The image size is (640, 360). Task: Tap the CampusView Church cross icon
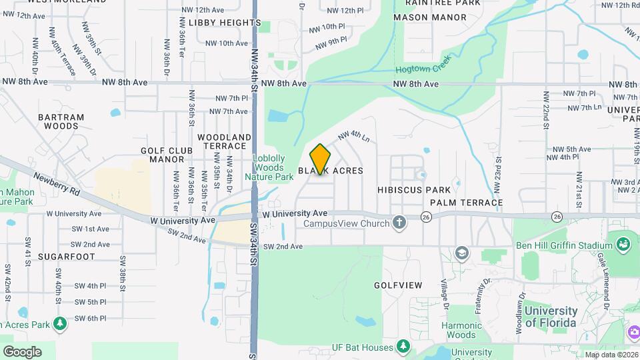[399, 223]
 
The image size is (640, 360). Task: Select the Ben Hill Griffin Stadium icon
[624, 245]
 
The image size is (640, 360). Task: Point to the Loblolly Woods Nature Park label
[269, 168]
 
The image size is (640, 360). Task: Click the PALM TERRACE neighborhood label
[466, 202]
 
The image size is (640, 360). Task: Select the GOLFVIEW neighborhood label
[398, 285]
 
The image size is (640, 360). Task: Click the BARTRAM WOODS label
[61, 121]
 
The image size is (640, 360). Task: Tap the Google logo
[22, 351]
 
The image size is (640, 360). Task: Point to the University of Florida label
[551, 317]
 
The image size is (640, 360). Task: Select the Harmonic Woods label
[461, 331]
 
